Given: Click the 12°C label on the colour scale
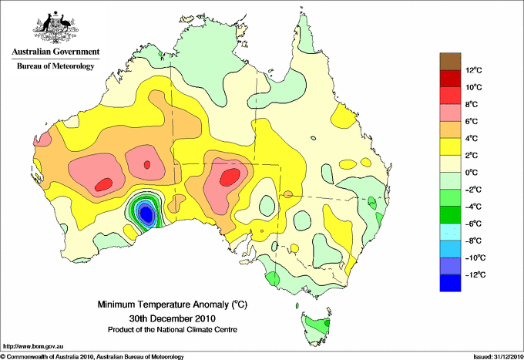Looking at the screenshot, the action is [474, 70].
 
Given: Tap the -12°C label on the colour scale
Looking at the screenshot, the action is [474, 274].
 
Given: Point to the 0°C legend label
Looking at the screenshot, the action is [471, 173].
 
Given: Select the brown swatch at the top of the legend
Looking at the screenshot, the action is [450, 62].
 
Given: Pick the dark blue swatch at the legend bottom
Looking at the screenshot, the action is [450, 283].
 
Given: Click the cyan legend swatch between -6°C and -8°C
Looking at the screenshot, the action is [450, 232].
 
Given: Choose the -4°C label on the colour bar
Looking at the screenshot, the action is [473, 207].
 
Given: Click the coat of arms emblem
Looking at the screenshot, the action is [55, 28].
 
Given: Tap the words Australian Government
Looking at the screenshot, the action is [55, 52].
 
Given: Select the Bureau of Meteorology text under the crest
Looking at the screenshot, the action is [55, 66].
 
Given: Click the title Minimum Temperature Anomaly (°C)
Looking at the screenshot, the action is [173, 304].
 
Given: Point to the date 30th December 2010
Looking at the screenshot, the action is [173, 318].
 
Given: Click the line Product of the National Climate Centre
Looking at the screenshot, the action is [173, 330].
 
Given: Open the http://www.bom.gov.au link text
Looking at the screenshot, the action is [33, 347].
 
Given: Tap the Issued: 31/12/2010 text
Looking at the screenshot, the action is [498, 357].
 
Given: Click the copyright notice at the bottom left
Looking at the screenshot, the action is [92, 357].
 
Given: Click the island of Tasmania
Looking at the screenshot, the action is [316, 328].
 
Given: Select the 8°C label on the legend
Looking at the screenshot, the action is [471, 104].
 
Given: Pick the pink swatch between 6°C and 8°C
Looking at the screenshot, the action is [450, 113].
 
